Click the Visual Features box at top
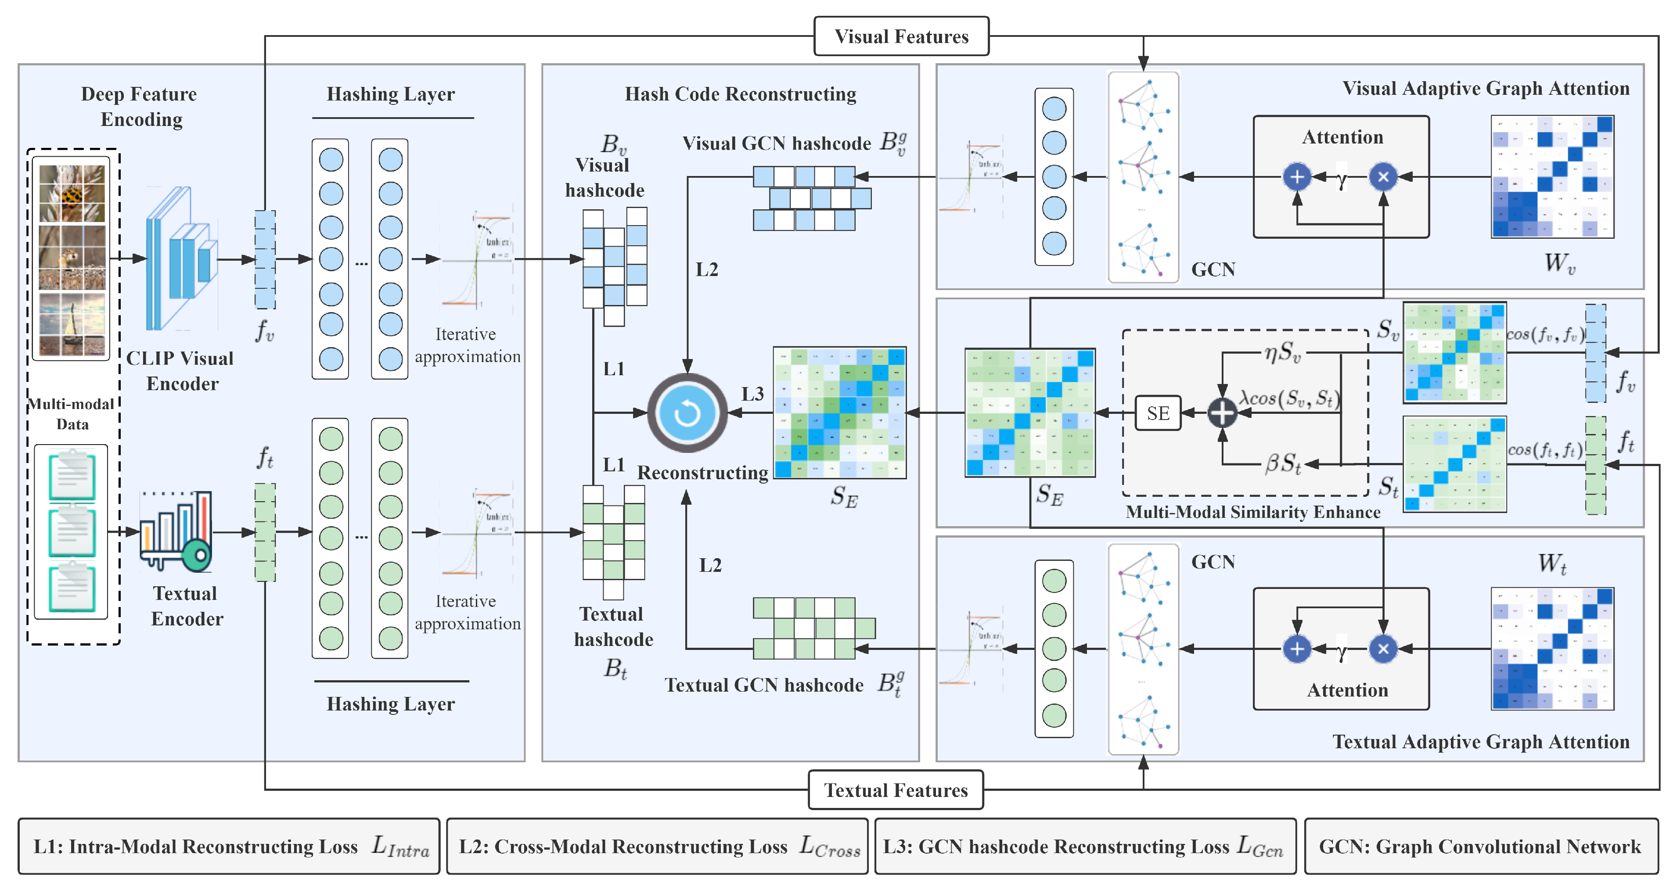(901, 36)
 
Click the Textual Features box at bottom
(896, 790)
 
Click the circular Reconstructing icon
(687, 413)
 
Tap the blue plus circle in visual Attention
(1296, 176)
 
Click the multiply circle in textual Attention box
(1383, 649)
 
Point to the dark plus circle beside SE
(1222, 413)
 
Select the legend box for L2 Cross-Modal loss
(657, 847)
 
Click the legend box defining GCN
(1480, 847)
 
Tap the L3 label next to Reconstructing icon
(753, 394)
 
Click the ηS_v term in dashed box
(1283, 353)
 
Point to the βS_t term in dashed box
(1283, 463)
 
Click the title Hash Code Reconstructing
(741, 94)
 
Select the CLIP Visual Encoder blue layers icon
(180, 258)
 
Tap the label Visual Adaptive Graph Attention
(1485, 88)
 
